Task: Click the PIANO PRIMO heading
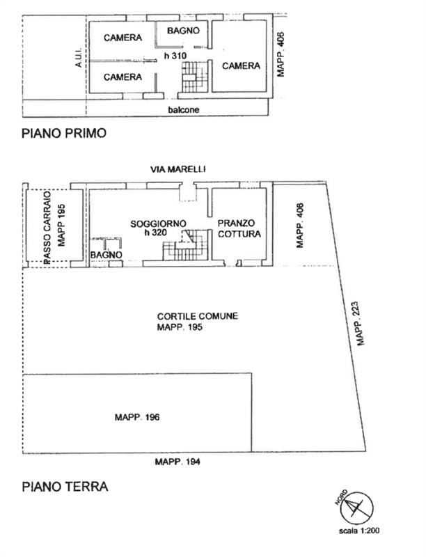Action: tap(64, 134)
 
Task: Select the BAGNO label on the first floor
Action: tap(184, 31)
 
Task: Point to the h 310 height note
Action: tap(175, 55)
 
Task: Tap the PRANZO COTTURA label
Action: tap(239, 228)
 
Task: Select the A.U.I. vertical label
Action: tap(79, 56)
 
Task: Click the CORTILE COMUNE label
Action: tap(197, 316)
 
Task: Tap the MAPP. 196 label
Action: tap(138, 417)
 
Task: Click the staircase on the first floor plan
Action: tap(195, 76)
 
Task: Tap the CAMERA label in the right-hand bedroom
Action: tap(241, 66)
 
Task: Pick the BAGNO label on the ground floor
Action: tap(106, 256)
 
